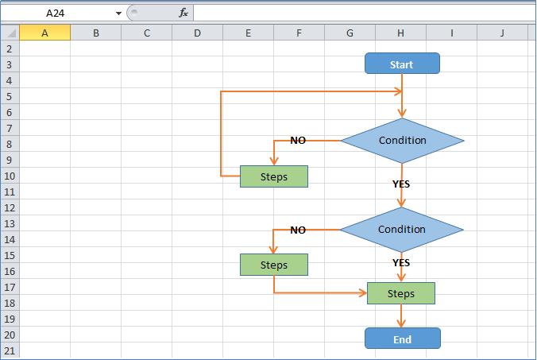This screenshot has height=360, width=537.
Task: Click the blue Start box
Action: pyautogui.click(x=402, y=64)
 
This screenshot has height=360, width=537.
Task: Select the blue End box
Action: pyautogui.click(x=402, y=339)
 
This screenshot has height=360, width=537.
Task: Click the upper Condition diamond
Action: pyautogui.click(x=402, y=141)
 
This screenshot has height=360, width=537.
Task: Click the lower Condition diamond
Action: pyautogui.click(x=402, y=230)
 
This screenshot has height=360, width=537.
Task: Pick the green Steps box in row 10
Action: pyautogui.click(x=274, y=176)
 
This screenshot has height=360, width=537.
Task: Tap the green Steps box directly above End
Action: pyautogui.click(x=401, y=293)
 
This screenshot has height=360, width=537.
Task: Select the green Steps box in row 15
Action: pyautogui.click(x=274, y=265)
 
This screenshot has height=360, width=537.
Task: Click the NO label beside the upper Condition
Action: pyautogui.click(x=298, y=141)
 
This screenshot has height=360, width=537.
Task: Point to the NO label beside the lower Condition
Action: pyautogui.click(x=298, y=230)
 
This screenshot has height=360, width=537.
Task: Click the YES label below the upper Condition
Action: pyautogui.click(x=401, y=184)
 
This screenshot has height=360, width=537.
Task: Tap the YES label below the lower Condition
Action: pyautogui.click(x=401, y=262)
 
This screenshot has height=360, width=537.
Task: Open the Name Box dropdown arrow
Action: pyautogui.click(x=118, y=13)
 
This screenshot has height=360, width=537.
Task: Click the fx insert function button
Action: pyautogui.click(x=183, y=13)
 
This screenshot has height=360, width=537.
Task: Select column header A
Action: pyautogui.click(x=44, y=33)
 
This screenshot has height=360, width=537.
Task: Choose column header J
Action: pyautogui.click(x=502, y=33)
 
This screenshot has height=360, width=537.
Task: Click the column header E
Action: pyautogui.click(x=248, y=33)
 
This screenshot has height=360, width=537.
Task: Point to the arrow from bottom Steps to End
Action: pyautogui.click(x=401, y=316)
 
